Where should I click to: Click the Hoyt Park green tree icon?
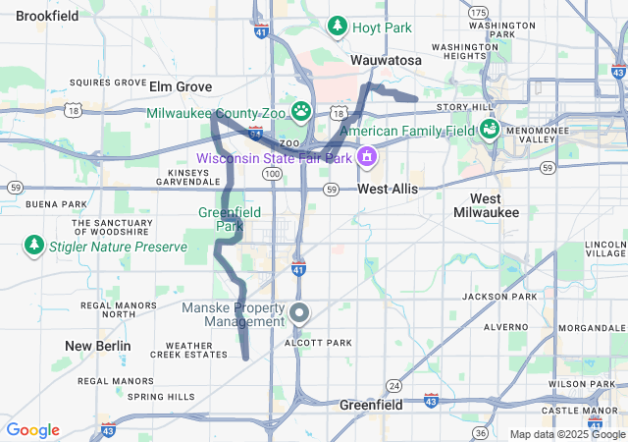[x=338, y=26]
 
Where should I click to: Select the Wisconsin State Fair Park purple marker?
[x=366, y=156]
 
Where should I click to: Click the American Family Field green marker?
[x=488, y=129]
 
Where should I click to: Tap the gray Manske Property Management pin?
[x=300, y=313]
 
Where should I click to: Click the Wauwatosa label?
[x=386, y=61]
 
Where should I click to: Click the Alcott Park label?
[x=317, y=343]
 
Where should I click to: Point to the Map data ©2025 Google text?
[x=566, y=434]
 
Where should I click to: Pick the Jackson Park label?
[x=499, y=296]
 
